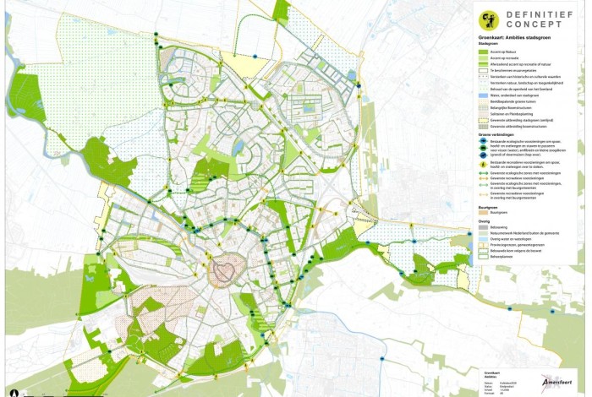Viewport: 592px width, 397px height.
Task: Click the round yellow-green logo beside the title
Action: pyautogui.click(x=487, y=20)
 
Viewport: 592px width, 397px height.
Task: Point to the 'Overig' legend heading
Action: pyautogui.click(x=485, y=220)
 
